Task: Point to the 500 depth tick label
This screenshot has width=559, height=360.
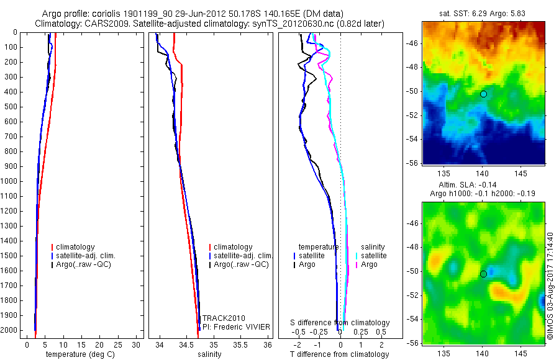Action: pyautogui.click(x=10, y=107)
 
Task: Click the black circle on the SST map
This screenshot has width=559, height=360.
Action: pyautogui.click(x=483, y=94)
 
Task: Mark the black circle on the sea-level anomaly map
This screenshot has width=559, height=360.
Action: pyautogui.click(x=483, y=274)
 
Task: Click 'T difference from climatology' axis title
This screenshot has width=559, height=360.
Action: pyautogui.click(x=340, y=354)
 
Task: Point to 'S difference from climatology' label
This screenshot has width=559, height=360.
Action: pyautogui.click(x=340, y=323)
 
